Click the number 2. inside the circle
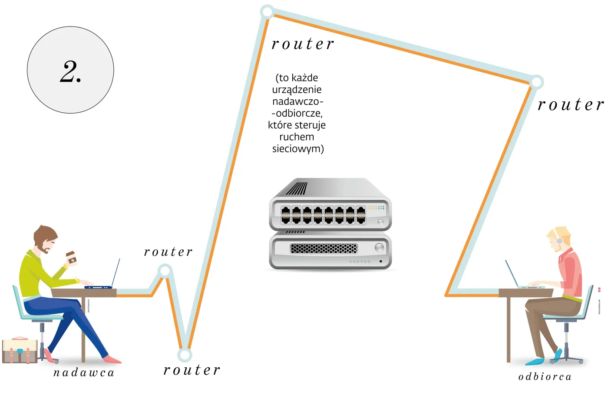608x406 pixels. [70, 71]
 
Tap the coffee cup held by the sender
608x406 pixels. [72, 258]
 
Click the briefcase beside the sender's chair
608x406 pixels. [20, 350]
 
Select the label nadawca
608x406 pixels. [84, 373]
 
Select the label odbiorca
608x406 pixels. [545, 377]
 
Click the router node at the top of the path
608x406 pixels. [267, 11]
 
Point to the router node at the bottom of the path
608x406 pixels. [185, 355]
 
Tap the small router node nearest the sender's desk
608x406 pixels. [165, 272]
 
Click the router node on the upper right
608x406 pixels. [537, 81]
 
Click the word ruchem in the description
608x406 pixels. [297, 137]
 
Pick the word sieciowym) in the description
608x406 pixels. [298, 149]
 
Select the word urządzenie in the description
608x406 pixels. [297, 90]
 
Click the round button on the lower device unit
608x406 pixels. [379, 248]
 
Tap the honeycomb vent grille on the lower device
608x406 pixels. [324, 248]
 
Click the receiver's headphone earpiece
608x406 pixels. [559, 241]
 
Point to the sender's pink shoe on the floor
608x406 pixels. [112, 359]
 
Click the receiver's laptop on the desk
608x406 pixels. [521, 278]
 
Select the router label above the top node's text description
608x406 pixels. [303, 44]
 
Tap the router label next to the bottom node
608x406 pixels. [192, 370]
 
